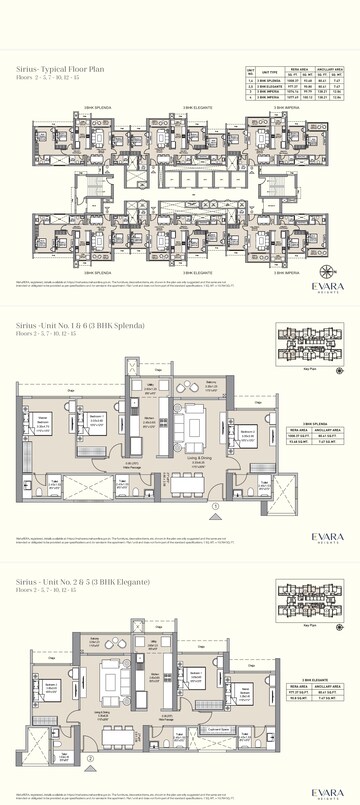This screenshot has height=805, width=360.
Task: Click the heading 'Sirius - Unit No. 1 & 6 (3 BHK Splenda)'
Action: point(73,298)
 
